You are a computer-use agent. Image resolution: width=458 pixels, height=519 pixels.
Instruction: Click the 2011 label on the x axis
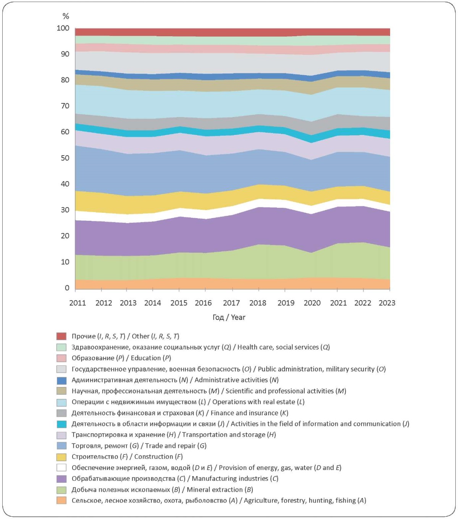tap(77, 303)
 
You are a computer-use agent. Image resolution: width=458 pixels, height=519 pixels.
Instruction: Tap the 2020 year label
tap(312, 303)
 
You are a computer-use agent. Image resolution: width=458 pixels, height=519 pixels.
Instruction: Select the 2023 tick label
tap(387, 303)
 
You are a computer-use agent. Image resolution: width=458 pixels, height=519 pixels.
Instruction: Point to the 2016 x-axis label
tap(203, 303)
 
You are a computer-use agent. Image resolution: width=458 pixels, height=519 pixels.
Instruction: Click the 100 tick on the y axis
tap(63, 28)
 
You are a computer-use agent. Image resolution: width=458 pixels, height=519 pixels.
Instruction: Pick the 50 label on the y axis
tap(65, 158)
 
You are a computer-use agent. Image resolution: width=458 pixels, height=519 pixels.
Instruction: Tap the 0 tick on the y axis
tap(67, 288)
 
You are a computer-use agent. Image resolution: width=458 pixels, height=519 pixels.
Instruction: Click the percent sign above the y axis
tap(66, 16)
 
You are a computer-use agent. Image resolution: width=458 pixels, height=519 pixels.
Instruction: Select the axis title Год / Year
tap(229, 317)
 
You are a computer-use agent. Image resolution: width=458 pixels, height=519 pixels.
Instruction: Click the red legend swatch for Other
tap(61, 336)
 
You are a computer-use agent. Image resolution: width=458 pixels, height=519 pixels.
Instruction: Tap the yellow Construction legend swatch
tap(61, 457)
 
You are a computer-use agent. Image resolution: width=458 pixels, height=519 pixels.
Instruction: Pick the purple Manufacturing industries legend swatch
tap(61, 479)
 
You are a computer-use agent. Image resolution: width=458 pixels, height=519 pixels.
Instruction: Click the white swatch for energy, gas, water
tap(61, 468)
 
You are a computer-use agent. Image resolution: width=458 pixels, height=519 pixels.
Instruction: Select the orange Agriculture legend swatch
tap(61, 501)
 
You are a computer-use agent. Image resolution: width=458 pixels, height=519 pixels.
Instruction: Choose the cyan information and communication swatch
tap(61, 424)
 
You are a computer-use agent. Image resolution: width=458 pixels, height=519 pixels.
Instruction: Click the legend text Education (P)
tap(151, 358)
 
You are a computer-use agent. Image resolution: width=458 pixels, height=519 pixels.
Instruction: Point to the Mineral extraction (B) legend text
tap(220, 490)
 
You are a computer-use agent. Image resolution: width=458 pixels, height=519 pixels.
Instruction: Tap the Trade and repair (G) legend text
tap(176, 446)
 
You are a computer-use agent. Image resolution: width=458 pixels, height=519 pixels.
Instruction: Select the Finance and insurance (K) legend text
tap(249, 413)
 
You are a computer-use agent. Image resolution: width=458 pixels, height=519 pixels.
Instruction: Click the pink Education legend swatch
tap(61, 358)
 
